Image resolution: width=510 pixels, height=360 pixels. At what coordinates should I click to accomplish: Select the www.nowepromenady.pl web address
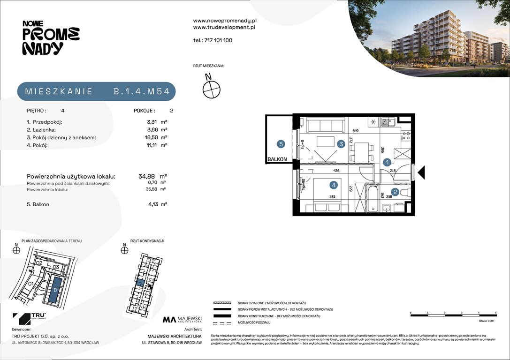point(225,21)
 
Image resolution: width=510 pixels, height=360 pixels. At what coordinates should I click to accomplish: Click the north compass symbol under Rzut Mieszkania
point(212,89)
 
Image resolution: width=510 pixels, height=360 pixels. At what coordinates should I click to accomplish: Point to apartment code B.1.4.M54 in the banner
point(141,91)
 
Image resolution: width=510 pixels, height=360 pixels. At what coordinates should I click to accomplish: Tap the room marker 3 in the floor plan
point(342,144)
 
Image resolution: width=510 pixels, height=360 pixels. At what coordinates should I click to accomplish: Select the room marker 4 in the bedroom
point(334,185)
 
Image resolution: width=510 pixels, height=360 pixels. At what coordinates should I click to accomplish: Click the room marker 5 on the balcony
point(281,144)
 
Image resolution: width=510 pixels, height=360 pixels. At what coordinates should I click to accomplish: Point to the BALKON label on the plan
point(277,159)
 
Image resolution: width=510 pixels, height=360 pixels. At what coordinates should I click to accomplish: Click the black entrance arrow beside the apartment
point(421,172)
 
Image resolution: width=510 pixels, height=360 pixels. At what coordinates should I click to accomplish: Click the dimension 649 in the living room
point(355,131)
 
